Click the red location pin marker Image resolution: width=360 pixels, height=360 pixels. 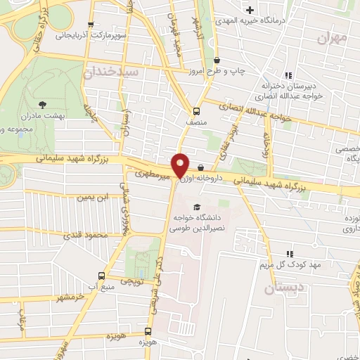click(x=181, y=165)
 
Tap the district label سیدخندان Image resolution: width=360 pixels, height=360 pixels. click(x=112, y=72)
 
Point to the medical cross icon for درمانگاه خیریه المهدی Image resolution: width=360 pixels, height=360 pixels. click(x=249, y=11)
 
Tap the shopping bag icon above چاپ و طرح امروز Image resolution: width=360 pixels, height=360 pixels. click(x=217, y=60)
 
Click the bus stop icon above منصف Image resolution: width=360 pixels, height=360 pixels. click(x=197, y=110)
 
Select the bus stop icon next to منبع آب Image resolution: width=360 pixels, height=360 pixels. click(x=101, y=276)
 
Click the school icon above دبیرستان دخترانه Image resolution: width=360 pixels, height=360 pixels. click(x=287, y=75)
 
